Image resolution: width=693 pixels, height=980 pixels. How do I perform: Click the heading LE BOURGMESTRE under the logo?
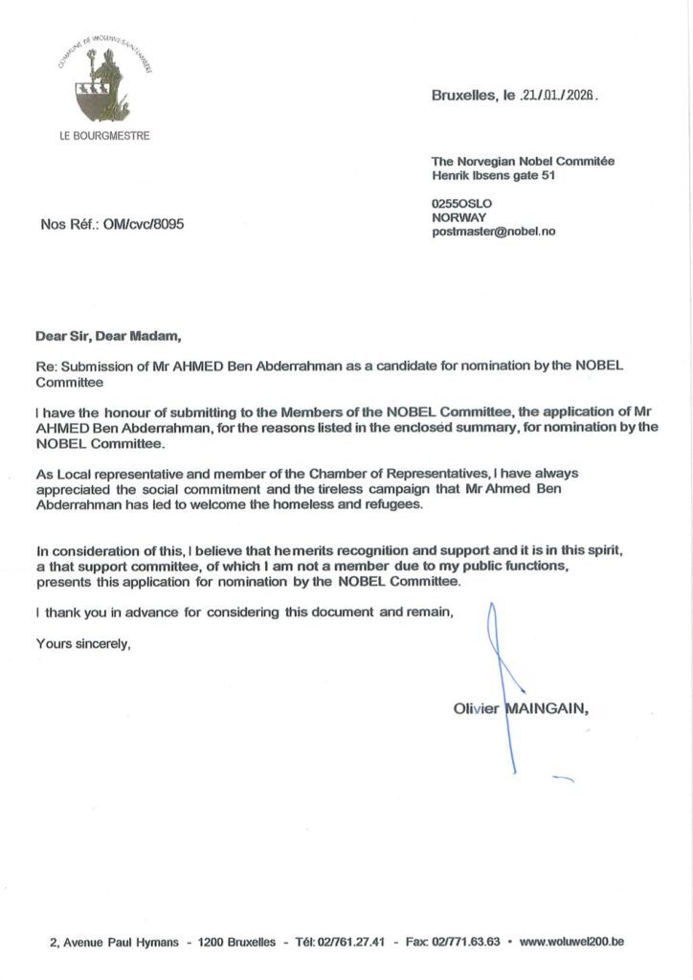[x=104, y=136]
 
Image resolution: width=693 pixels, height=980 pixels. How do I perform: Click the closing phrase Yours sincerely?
[x=81, y=643]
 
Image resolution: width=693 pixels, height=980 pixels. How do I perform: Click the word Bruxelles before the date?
[x=466, y=97]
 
